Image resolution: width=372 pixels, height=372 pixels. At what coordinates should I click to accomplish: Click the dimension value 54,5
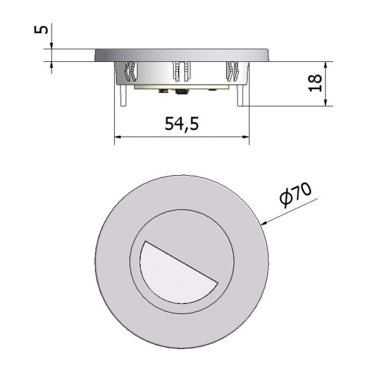click(182, 124)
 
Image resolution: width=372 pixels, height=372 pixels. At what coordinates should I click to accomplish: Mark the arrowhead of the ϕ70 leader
click(261, 224)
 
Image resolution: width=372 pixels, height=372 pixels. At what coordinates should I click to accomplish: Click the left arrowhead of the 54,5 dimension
click(117, 137)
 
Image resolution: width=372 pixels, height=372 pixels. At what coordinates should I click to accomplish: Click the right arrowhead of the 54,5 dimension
click(246, 137)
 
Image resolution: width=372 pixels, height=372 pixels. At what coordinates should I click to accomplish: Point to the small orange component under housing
click(164, 92)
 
